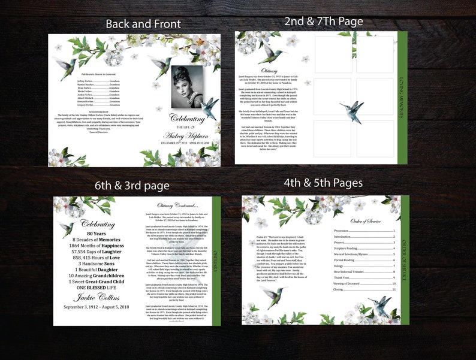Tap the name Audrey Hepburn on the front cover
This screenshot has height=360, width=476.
[x=188, y=135]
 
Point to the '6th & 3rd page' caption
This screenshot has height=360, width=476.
[x=132, y=186]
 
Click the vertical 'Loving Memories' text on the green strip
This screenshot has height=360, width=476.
[x=401, y=96]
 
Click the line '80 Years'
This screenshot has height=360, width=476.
[x=97, y=233]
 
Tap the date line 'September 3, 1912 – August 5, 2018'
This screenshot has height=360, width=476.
[x=97, y=307]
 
